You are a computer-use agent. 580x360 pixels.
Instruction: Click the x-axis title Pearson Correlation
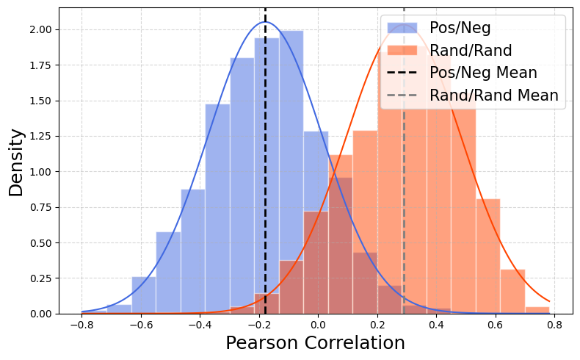pos(315,343)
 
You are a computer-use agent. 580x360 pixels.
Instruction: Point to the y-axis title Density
pos(16,162)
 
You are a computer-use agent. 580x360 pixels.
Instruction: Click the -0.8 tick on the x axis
pos(81,324)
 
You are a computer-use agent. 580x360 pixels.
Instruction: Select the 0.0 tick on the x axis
pos(318,324)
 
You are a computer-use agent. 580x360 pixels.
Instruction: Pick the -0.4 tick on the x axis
pos(200,324)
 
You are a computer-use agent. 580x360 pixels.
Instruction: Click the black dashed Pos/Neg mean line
pos(265,184)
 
